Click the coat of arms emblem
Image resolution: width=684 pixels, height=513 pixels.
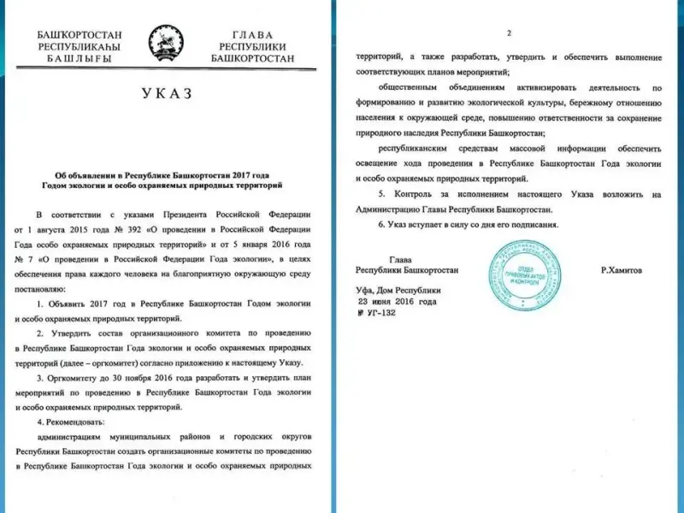[164, 43]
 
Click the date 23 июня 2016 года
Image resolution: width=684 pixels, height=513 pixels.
[398, 302]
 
